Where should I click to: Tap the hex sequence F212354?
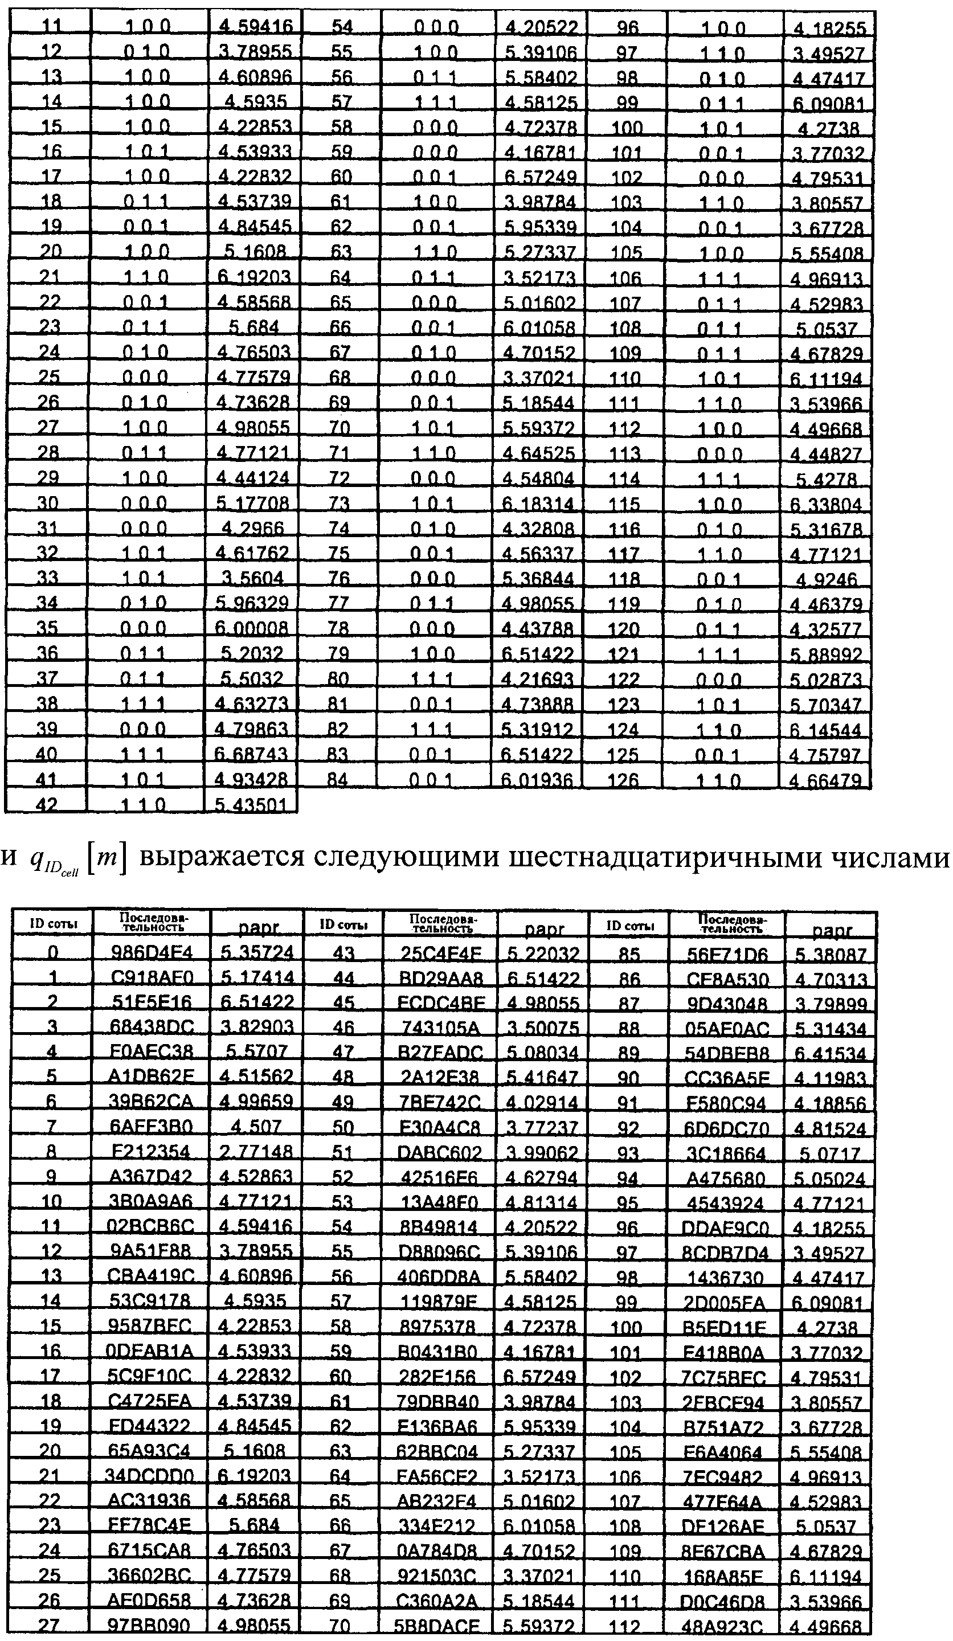[151, 1151]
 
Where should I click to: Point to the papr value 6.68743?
[251, 754]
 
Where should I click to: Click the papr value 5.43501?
[251, 804]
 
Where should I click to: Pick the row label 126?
[623, 779]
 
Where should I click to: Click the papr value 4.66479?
[825, 779]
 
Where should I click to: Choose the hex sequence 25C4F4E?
[441, 954]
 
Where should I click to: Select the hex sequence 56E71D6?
[727, 954]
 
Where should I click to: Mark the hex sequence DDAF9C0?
[725, 1228]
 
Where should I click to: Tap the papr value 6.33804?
[825, 504]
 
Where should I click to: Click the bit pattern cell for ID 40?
[144, 754]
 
